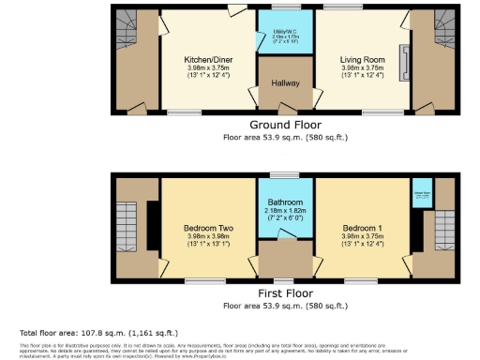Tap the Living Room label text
tap(361, 59)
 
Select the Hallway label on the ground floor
tap(285, 82)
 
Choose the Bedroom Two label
tap(206, 229)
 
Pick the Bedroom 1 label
tap(361, 229)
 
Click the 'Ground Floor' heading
tap(285, 125)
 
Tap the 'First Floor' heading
tap(285, 292)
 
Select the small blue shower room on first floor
tap(421, 195)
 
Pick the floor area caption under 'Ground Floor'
tap(285, 137)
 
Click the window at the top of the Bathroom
tap(284, 175)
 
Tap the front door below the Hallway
tap(285, 113)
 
